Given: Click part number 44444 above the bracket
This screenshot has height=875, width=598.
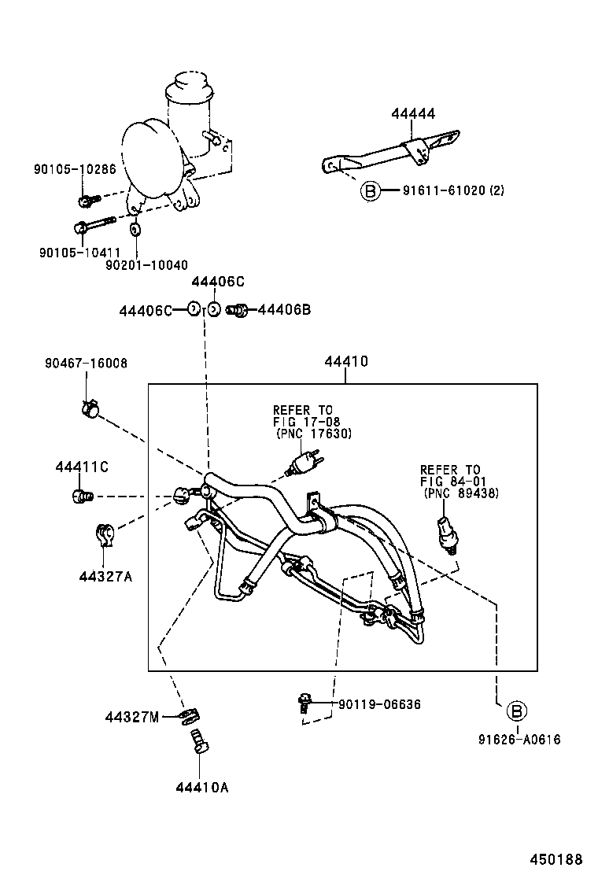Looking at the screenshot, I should pyautogui.click(x=413, y=114).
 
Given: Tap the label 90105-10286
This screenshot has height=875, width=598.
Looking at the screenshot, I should pyautogui.click(x=75, y=168).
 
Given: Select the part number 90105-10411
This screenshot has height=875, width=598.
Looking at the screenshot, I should pyautogui.click(x=75, y=252).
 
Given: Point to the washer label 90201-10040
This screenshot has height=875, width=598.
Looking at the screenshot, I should pyautogui.click(x=146, y=265).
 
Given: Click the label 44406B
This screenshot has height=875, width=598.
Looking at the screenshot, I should pyautogui.click(x=284, y=310).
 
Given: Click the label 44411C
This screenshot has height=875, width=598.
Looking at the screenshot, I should pyautogui.click(x=82, y=467).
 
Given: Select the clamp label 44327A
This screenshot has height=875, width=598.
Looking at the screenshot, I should pyautogui.click(x=105, y=576).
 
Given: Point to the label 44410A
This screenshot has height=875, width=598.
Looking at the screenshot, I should pyautogui.click(x=202, y=786).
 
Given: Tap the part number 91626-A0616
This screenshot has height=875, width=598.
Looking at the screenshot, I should pyautogui.click(x=519, y=739).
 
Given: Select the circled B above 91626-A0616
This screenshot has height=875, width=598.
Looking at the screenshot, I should pyautogui.click(x=515, y=711).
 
